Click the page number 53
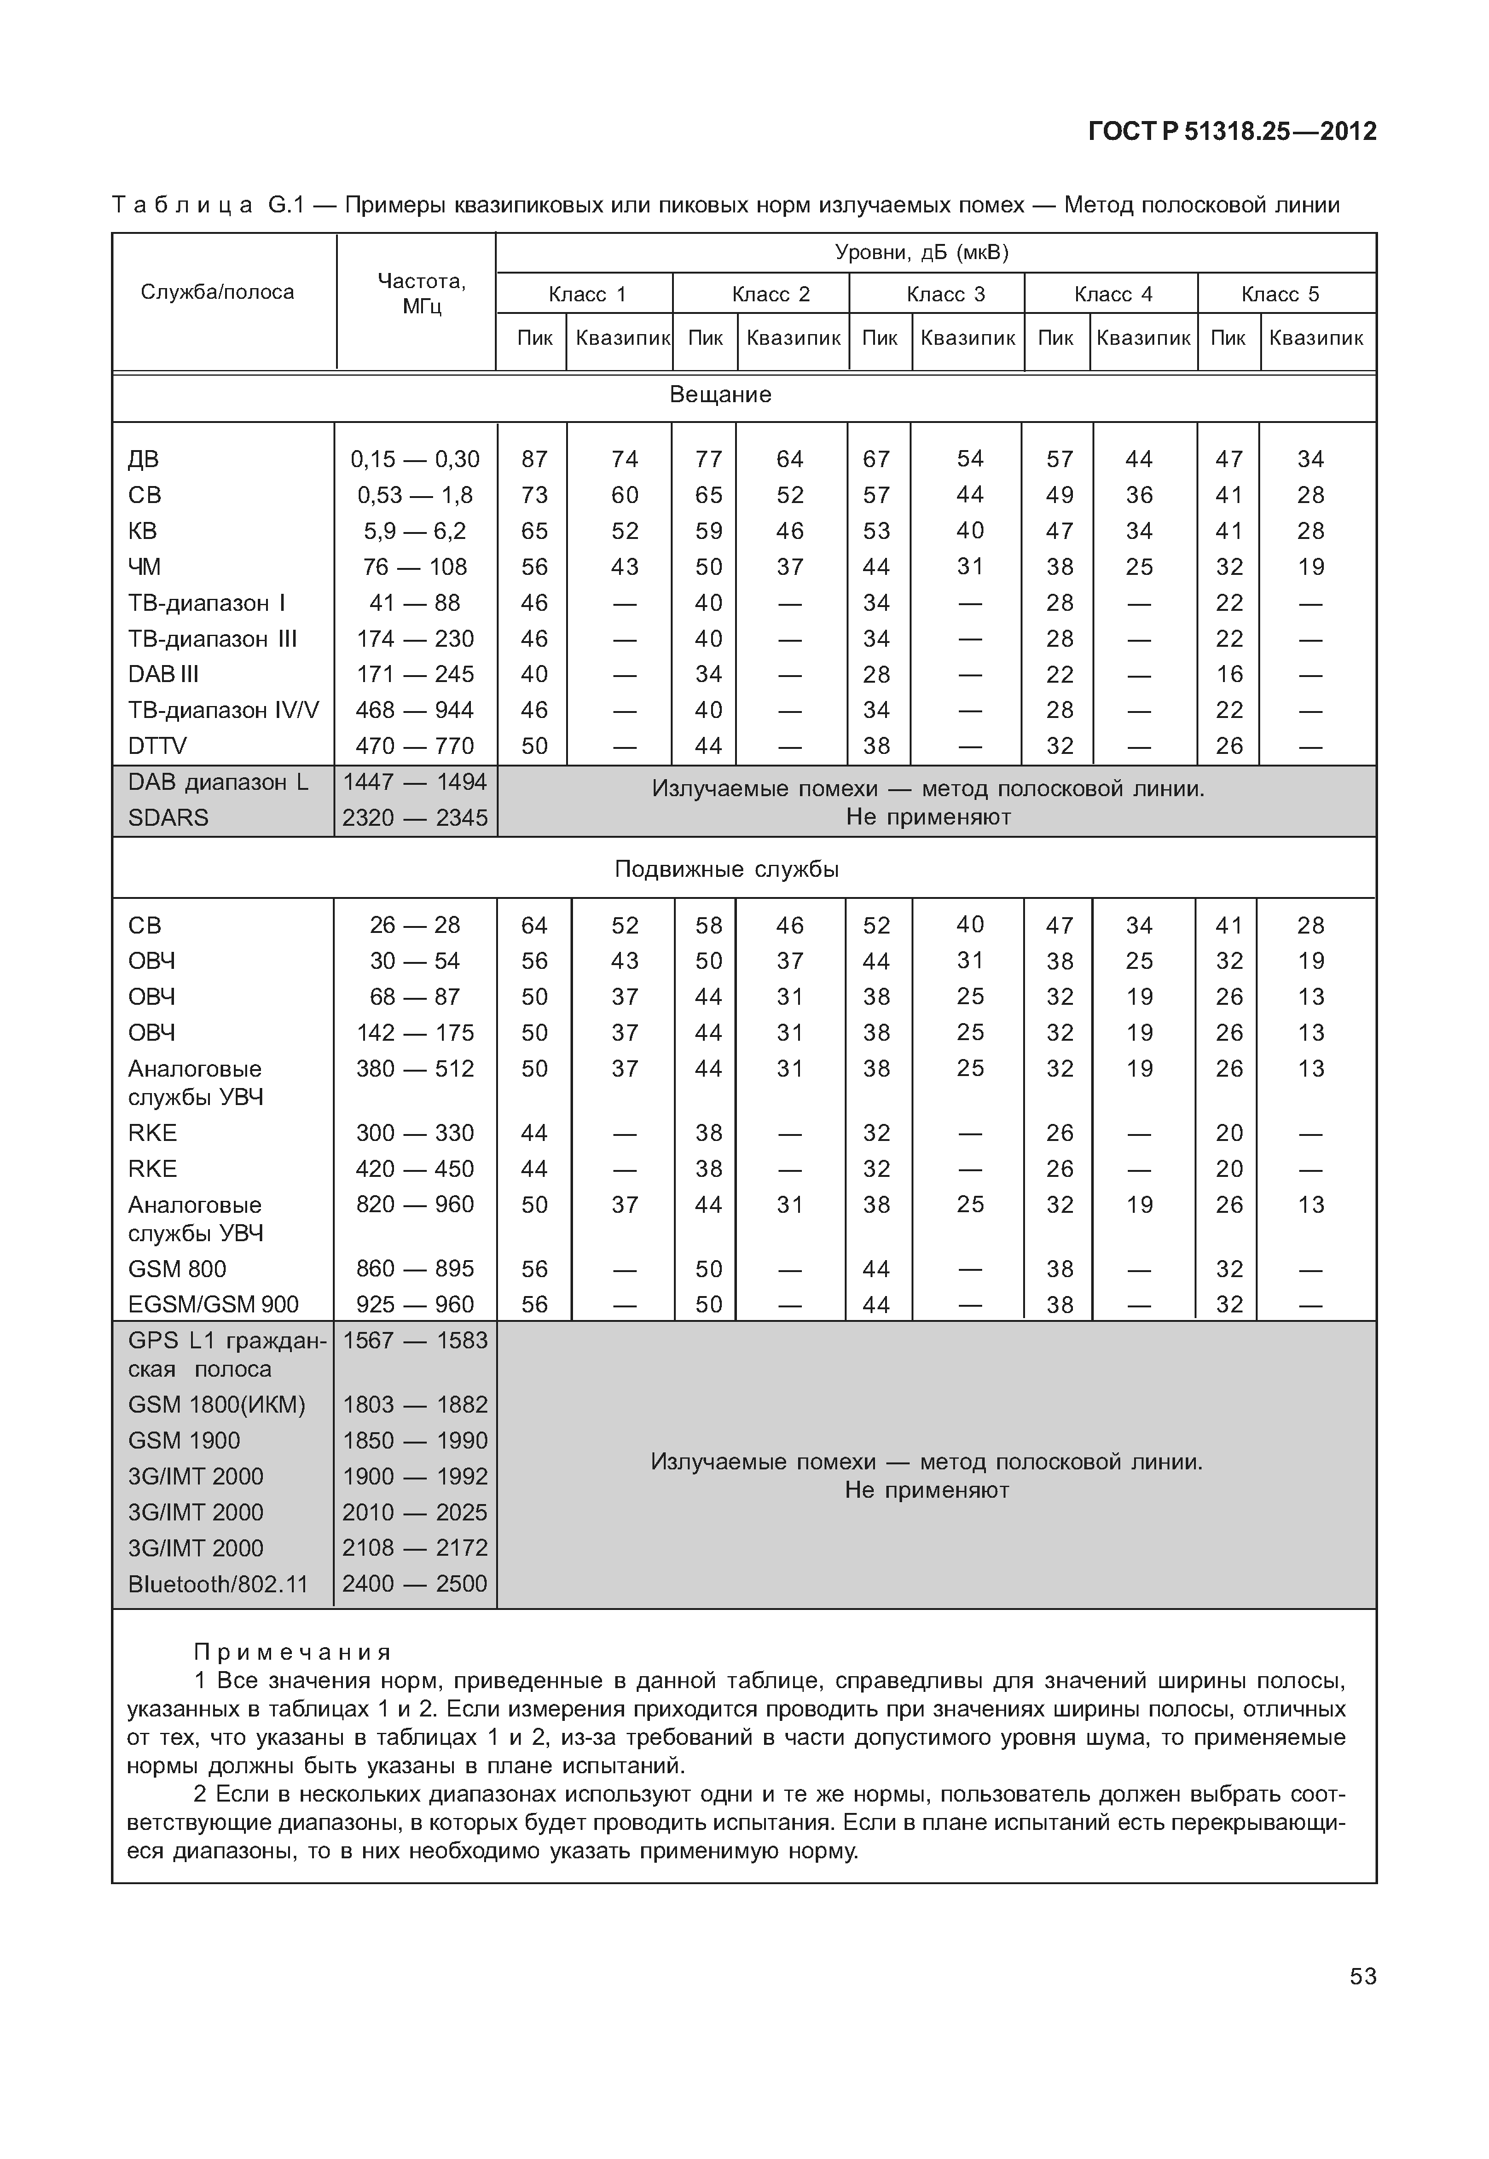(x=1362, y=1976)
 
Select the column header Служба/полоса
(x=217, y=292)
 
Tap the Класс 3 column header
(x=945, y=295)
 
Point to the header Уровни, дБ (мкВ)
(x=921, y=253)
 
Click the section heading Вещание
(x=721, y=395)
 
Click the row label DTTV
(x=157, y=746)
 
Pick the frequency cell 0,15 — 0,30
(x=415, y=459)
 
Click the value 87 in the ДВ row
(x=534, y=459)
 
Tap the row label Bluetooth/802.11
(x=217, y=1584)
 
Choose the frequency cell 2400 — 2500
(x=415, y=1583)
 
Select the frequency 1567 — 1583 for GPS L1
(x=415, y=1341)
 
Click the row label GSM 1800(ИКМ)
(x=216, y=1405)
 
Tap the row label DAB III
(x=163, y=674)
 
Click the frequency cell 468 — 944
(x=415, y=710)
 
